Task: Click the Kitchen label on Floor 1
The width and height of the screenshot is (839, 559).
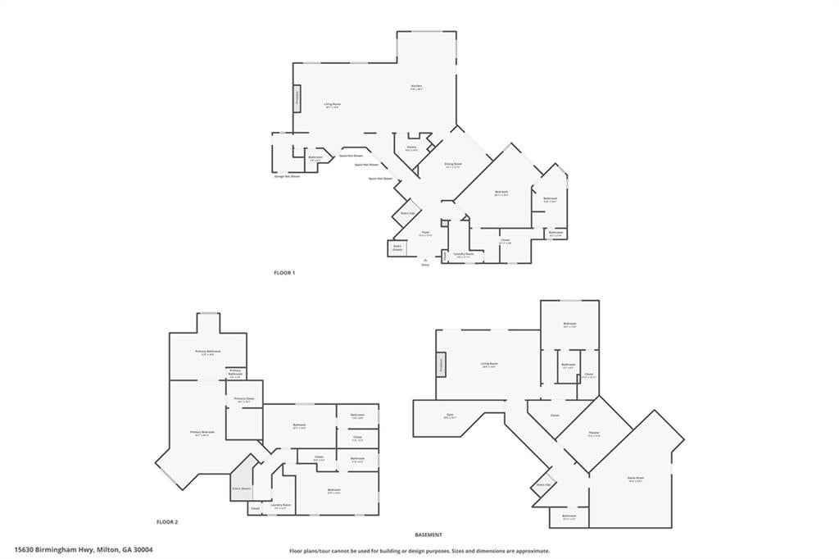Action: point(416,86)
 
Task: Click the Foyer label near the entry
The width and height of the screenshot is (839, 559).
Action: point(426,233)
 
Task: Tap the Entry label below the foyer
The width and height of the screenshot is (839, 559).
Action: point(425,265)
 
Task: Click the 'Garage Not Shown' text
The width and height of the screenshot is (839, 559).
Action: point(287,176)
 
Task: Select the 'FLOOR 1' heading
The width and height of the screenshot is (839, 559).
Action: point(284,271)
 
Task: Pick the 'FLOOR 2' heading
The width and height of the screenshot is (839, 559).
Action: point(167,521)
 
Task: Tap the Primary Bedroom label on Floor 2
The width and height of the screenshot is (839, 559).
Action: point(202,432)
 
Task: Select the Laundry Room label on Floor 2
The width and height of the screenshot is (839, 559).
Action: point(281,505)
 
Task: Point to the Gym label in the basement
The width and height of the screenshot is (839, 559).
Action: point(449,416)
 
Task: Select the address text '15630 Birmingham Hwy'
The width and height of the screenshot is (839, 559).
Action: point(54,550)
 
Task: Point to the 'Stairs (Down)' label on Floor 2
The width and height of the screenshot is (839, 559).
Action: point(240,489)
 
